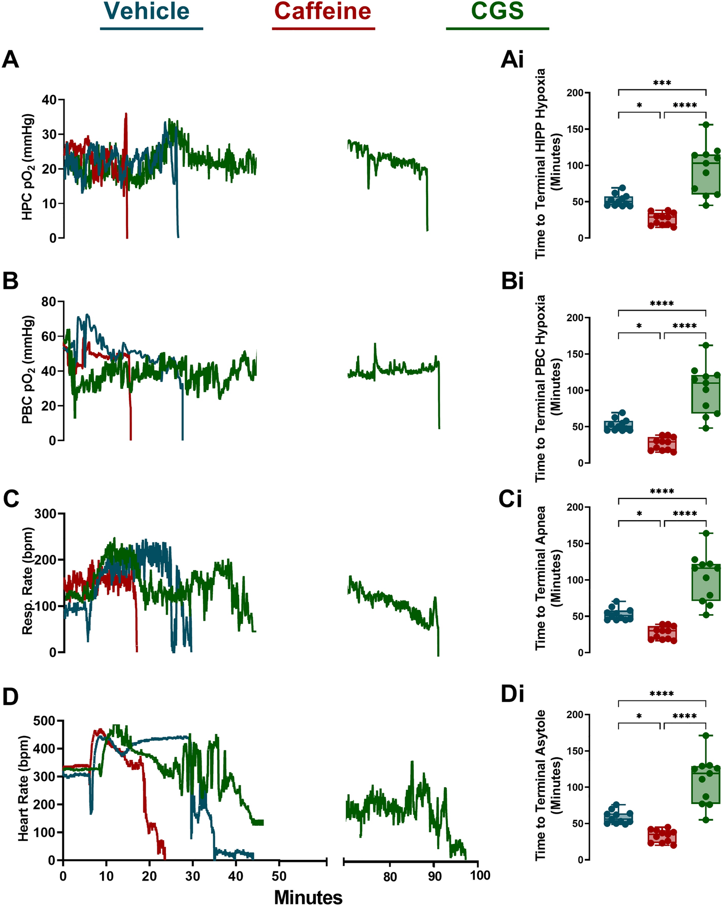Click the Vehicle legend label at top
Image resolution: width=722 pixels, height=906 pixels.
pyautogui.click(x=147, y=11)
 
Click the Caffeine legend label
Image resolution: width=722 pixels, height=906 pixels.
pyautogui.click(x=322, y=11)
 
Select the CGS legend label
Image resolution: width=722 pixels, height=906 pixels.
pyautogui.click(x=497, y=11)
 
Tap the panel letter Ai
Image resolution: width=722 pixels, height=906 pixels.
pyautogui.click(x=512, y=60)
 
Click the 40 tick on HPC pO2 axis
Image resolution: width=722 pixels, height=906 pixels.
pyautogui.click(x=49, y=100)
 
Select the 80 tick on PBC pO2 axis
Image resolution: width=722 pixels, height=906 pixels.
pyautogui.click(x=49, y=301)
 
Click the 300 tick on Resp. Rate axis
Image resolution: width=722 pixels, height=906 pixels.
pyautogui.click(x=46, y=513)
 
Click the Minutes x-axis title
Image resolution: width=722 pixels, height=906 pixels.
pyautogui.click(x=308, y=897)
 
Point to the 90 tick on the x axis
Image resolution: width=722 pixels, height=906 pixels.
pyautogui.click(x=434, y=877)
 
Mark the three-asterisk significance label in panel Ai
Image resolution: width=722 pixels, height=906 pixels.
pyautogui.click(x=662, y=83)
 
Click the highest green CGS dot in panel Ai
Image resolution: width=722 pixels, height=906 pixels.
pyautogui.click(x=706, y=125)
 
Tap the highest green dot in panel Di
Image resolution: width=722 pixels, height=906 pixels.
pyautogui.click(x=706, y=735)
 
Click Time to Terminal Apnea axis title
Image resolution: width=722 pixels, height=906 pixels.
pyautogui.click(x=541, y=578)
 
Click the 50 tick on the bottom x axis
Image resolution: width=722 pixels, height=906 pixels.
pyautogui.click(x=279, y=877)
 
